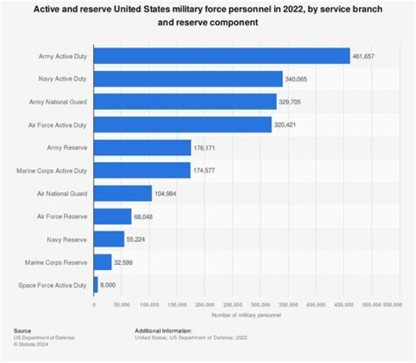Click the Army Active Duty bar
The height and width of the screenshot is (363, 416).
coord(222,56)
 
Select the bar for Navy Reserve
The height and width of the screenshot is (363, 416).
coord(109,239)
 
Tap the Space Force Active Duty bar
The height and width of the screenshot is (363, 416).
coord(96,285)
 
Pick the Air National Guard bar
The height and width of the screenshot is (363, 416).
coord(123,193)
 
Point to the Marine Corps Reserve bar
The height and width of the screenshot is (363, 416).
coord(103,262)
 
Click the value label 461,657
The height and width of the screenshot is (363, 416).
coord(363,57)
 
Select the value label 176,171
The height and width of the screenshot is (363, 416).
coord(204,148)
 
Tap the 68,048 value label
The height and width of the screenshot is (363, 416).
coord(143,217)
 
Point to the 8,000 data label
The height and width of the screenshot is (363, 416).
coord(107,285)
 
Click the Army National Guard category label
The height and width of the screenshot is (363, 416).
coord(58,102)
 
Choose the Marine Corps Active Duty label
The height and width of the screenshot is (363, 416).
coord(52,171)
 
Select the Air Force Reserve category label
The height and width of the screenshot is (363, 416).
coord(62,216)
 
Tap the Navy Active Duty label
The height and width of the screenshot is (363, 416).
coord(62,79)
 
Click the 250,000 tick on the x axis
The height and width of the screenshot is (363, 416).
coord(233,305)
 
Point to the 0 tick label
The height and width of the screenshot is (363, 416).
coord(94,305)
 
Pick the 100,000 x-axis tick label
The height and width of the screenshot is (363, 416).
coord(150,305)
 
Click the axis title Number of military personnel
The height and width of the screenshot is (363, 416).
coord(246,315)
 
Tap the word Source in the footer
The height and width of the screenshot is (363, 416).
coord(23,331)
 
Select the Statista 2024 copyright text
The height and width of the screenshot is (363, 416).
coord(31,345)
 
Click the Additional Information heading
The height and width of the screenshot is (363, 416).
coord(164,331)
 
